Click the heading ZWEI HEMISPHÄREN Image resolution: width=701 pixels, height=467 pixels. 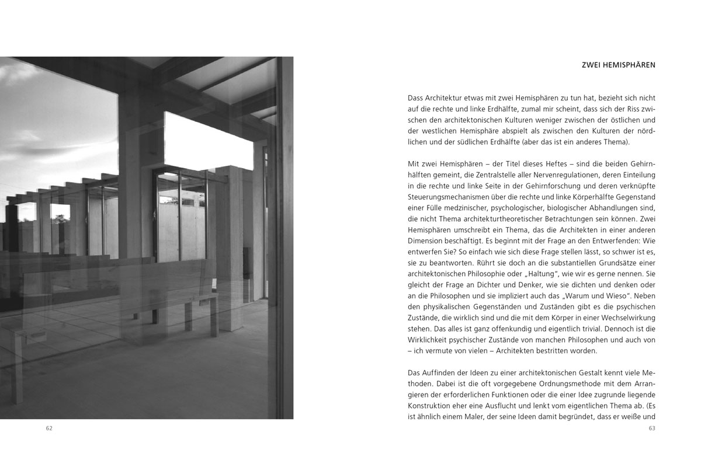618,65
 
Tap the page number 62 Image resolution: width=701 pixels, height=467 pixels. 49,428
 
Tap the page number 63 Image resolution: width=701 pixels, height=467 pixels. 652,428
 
